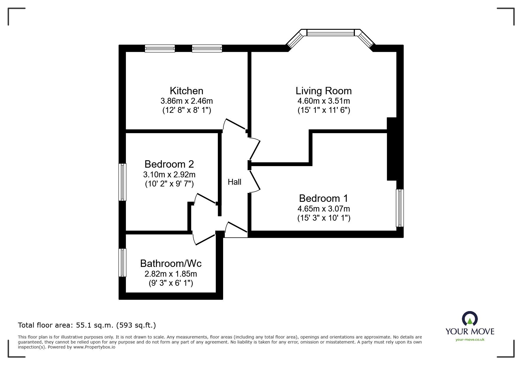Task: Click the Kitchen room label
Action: [x=186, y=91]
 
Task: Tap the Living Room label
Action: [x=324, y=91]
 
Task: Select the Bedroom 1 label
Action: [x=323, y=198]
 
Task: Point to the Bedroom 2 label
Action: [x=169, y=164]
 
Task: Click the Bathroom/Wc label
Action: [x=171, y=263]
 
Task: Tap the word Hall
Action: [x=234, y=182]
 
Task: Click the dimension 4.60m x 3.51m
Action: [x=324, y=101]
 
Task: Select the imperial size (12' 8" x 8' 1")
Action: [x=187, y=110]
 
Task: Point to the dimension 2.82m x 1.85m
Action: [x=171, y=274]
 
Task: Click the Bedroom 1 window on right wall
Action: [x=400, y=208]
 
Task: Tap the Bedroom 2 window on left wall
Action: [x=122, y=182]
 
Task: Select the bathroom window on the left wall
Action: [x=122, y=263]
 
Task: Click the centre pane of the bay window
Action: [x=330, y=32]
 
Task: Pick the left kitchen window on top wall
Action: [x=160, y=49]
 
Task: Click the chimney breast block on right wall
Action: [x=392, y=149]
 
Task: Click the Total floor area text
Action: [x=87, y=325]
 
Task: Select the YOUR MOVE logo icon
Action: [x=470, y=319]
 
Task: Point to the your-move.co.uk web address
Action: [x=470, y=340]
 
